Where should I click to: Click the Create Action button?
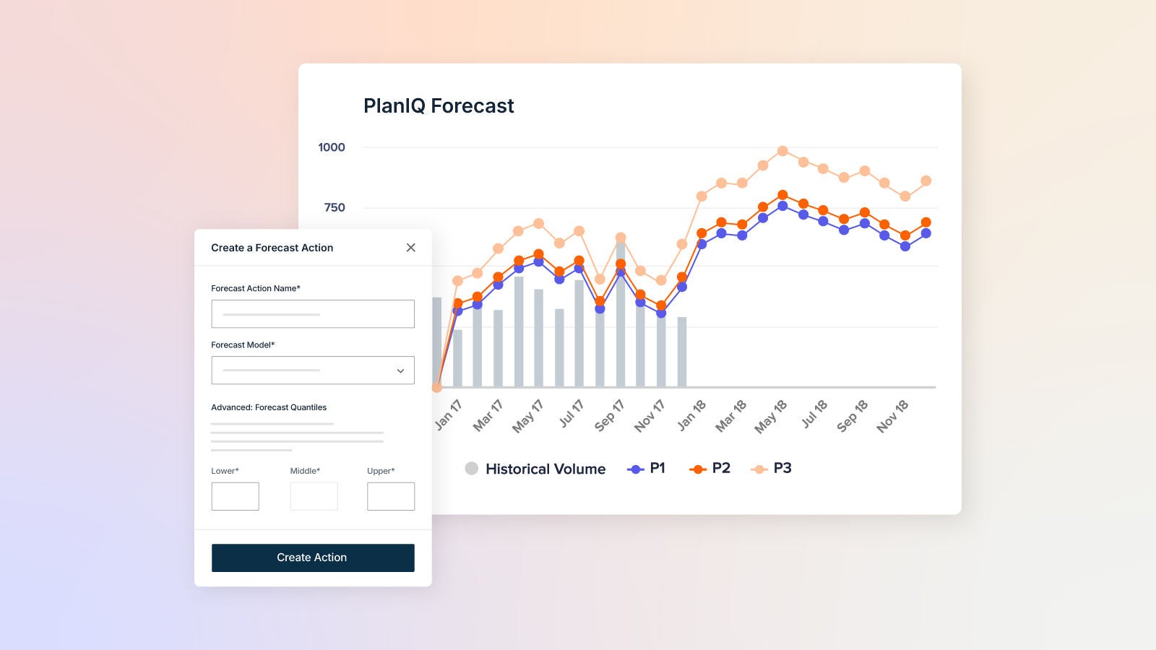[x=313, y=558]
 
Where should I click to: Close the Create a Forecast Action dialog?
[x=410, y=248]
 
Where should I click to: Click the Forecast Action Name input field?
[x=313, y=314]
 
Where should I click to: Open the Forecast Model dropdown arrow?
[x=400, y=370]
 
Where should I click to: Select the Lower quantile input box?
[x=235, y=496]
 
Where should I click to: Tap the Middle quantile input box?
[x=314, y=496]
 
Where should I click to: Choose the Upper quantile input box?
[x=391, y=496]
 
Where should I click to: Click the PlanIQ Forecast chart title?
[x=439, y=106]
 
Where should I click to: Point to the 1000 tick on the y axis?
[x=332, y=147]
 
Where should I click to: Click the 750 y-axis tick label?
[x=335, y=208]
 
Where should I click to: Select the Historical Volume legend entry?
[x=535, y=469]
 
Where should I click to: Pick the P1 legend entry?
[x=647, y=469]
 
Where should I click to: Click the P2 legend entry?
[x=709, y=469]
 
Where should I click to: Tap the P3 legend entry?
[x=772, y=469]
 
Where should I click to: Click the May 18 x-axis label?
[x=770, y=417]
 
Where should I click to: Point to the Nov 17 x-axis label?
[x=649, y=416]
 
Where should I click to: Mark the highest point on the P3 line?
[x=782, y=151]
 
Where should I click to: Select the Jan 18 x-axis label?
[x=691, y=416]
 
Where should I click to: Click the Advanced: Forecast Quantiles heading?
[x=269, y=407]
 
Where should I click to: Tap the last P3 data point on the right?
[x=926, y=181]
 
